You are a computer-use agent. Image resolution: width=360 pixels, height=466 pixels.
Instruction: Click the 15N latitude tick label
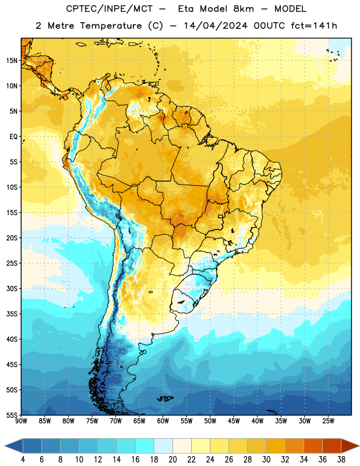[x=12, y=61]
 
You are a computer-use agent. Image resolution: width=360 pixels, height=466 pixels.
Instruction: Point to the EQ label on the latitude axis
[x=13, y=137]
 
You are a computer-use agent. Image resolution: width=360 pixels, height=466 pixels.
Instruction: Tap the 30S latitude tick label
[x=12, y=288]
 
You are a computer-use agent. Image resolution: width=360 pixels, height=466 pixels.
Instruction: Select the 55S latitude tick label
[x=12, y=415]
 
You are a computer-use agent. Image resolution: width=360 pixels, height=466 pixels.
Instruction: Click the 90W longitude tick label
[x=22, y=421]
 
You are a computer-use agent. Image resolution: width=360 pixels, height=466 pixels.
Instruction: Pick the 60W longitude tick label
[x=163, y=421]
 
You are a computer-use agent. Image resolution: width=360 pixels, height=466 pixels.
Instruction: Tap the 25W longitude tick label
[x=328, y=421]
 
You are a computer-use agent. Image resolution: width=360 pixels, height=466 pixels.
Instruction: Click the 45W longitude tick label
[x=234, y=421]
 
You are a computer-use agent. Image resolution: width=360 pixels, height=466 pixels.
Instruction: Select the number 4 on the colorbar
[x=23, y=460]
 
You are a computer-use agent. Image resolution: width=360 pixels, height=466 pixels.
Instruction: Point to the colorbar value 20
[x=172, y=460]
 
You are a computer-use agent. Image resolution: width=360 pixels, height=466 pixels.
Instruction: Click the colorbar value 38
[x=341, y=460]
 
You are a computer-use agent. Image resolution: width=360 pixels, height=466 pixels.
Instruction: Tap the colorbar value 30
[x=266, y=460]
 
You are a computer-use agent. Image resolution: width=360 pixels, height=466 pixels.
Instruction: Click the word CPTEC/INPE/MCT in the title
[x=110, y=9]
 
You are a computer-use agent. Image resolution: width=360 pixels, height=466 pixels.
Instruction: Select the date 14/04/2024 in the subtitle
[x=216, y=26]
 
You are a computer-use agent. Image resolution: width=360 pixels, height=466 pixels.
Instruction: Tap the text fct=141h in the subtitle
[x=314, y=26]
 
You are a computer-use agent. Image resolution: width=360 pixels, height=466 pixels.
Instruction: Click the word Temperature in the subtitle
[x=111, y=26]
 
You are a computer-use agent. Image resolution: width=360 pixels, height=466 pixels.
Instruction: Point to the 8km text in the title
[x=243, y=9]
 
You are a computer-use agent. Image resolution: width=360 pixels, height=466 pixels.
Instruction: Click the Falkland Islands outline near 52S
[x=165, y=398]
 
